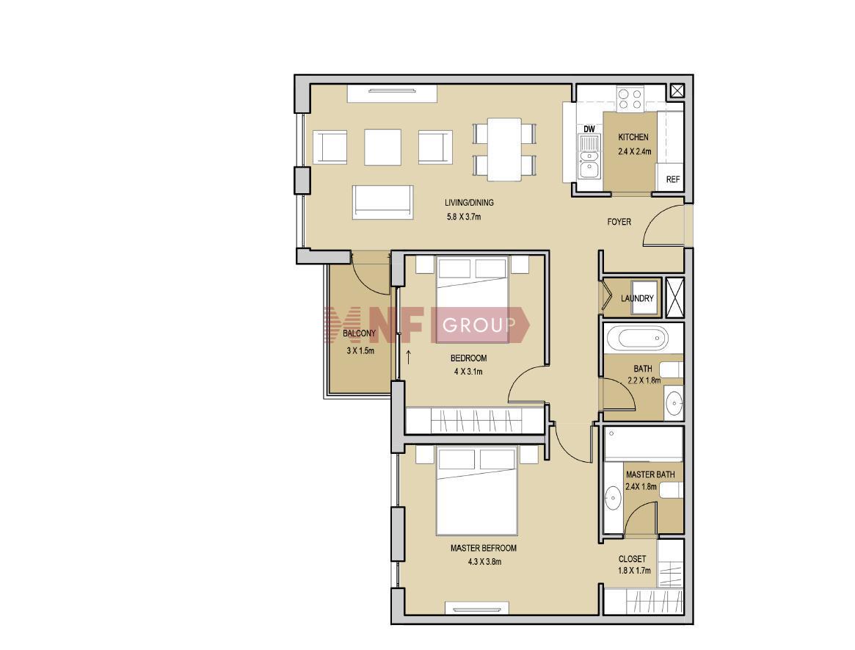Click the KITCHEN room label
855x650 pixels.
[x=633, y=137]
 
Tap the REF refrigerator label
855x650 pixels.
[x=673, y=179]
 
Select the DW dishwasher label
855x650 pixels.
[x=589, y=129]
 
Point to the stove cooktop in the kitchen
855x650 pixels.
[x=630, y=98]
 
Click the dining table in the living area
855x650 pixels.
[x=504, y=149]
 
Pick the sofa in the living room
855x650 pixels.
[x=383, y=202]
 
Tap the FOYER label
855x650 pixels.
[x=619, y=222]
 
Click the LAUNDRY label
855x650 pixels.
[x=637, y=298]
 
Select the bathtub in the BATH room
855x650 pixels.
[x=637, y=339]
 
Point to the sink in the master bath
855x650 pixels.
[x=613, y=499]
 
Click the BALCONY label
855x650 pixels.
[x=360, y=333]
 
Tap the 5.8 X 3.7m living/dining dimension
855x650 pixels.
[x=464, y=217]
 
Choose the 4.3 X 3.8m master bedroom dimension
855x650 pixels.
[x=484, y=562]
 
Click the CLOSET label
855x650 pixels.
[x=632, y=559]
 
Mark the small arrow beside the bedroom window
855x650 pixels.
[x=408, y=358]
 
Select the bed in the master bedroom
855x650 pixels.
[x=476, y=491]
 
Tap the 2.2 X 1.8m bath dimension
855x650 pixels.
[x=644, y=380]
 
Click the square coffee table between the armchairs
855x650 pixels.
[x=382, y=147]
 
